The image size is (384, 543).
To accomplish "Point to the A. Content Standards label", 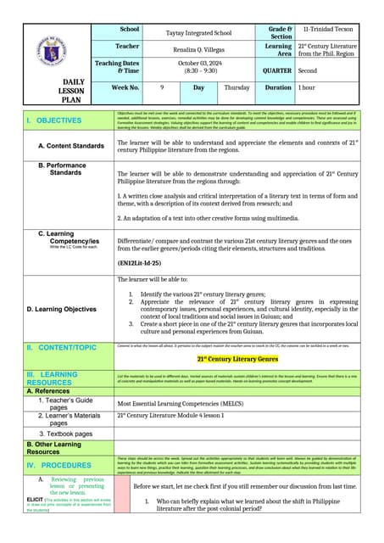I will tap(71, 147).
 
